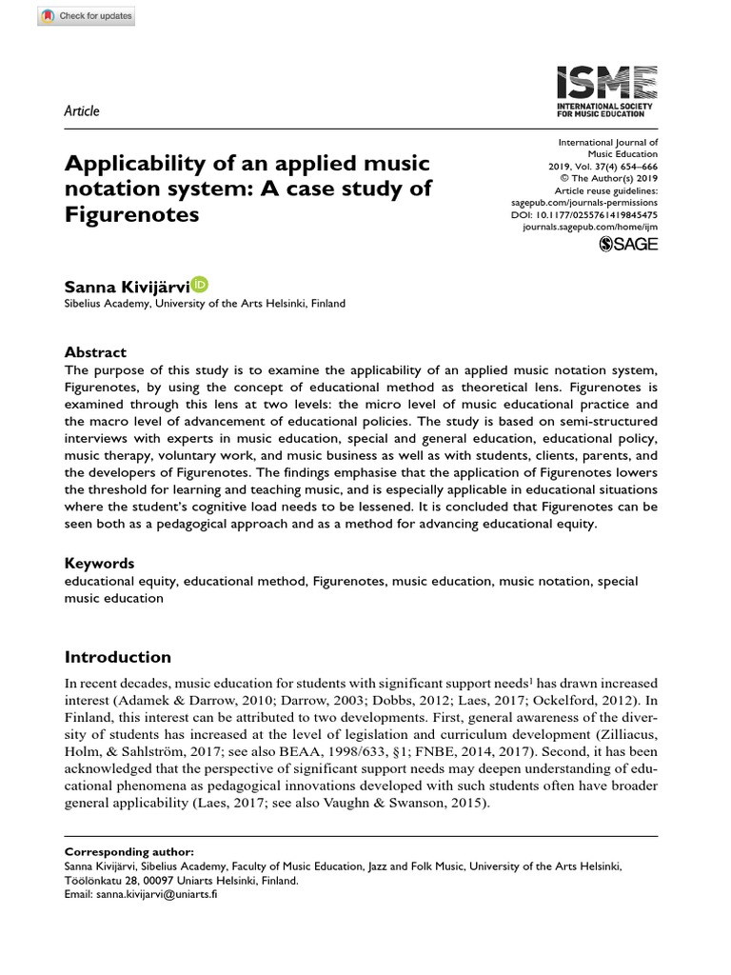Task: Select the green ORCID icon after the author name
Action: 200,284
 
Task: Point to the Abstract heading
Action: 94,351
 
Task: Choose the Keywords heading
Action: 99,563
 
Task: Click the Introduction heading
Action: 117,657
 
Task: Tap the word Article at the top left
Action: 81,111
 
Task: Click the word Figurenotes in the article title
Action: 131,214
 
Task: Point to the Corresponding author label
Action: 119,851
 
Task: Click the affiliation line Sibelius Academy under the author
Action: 204,304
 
